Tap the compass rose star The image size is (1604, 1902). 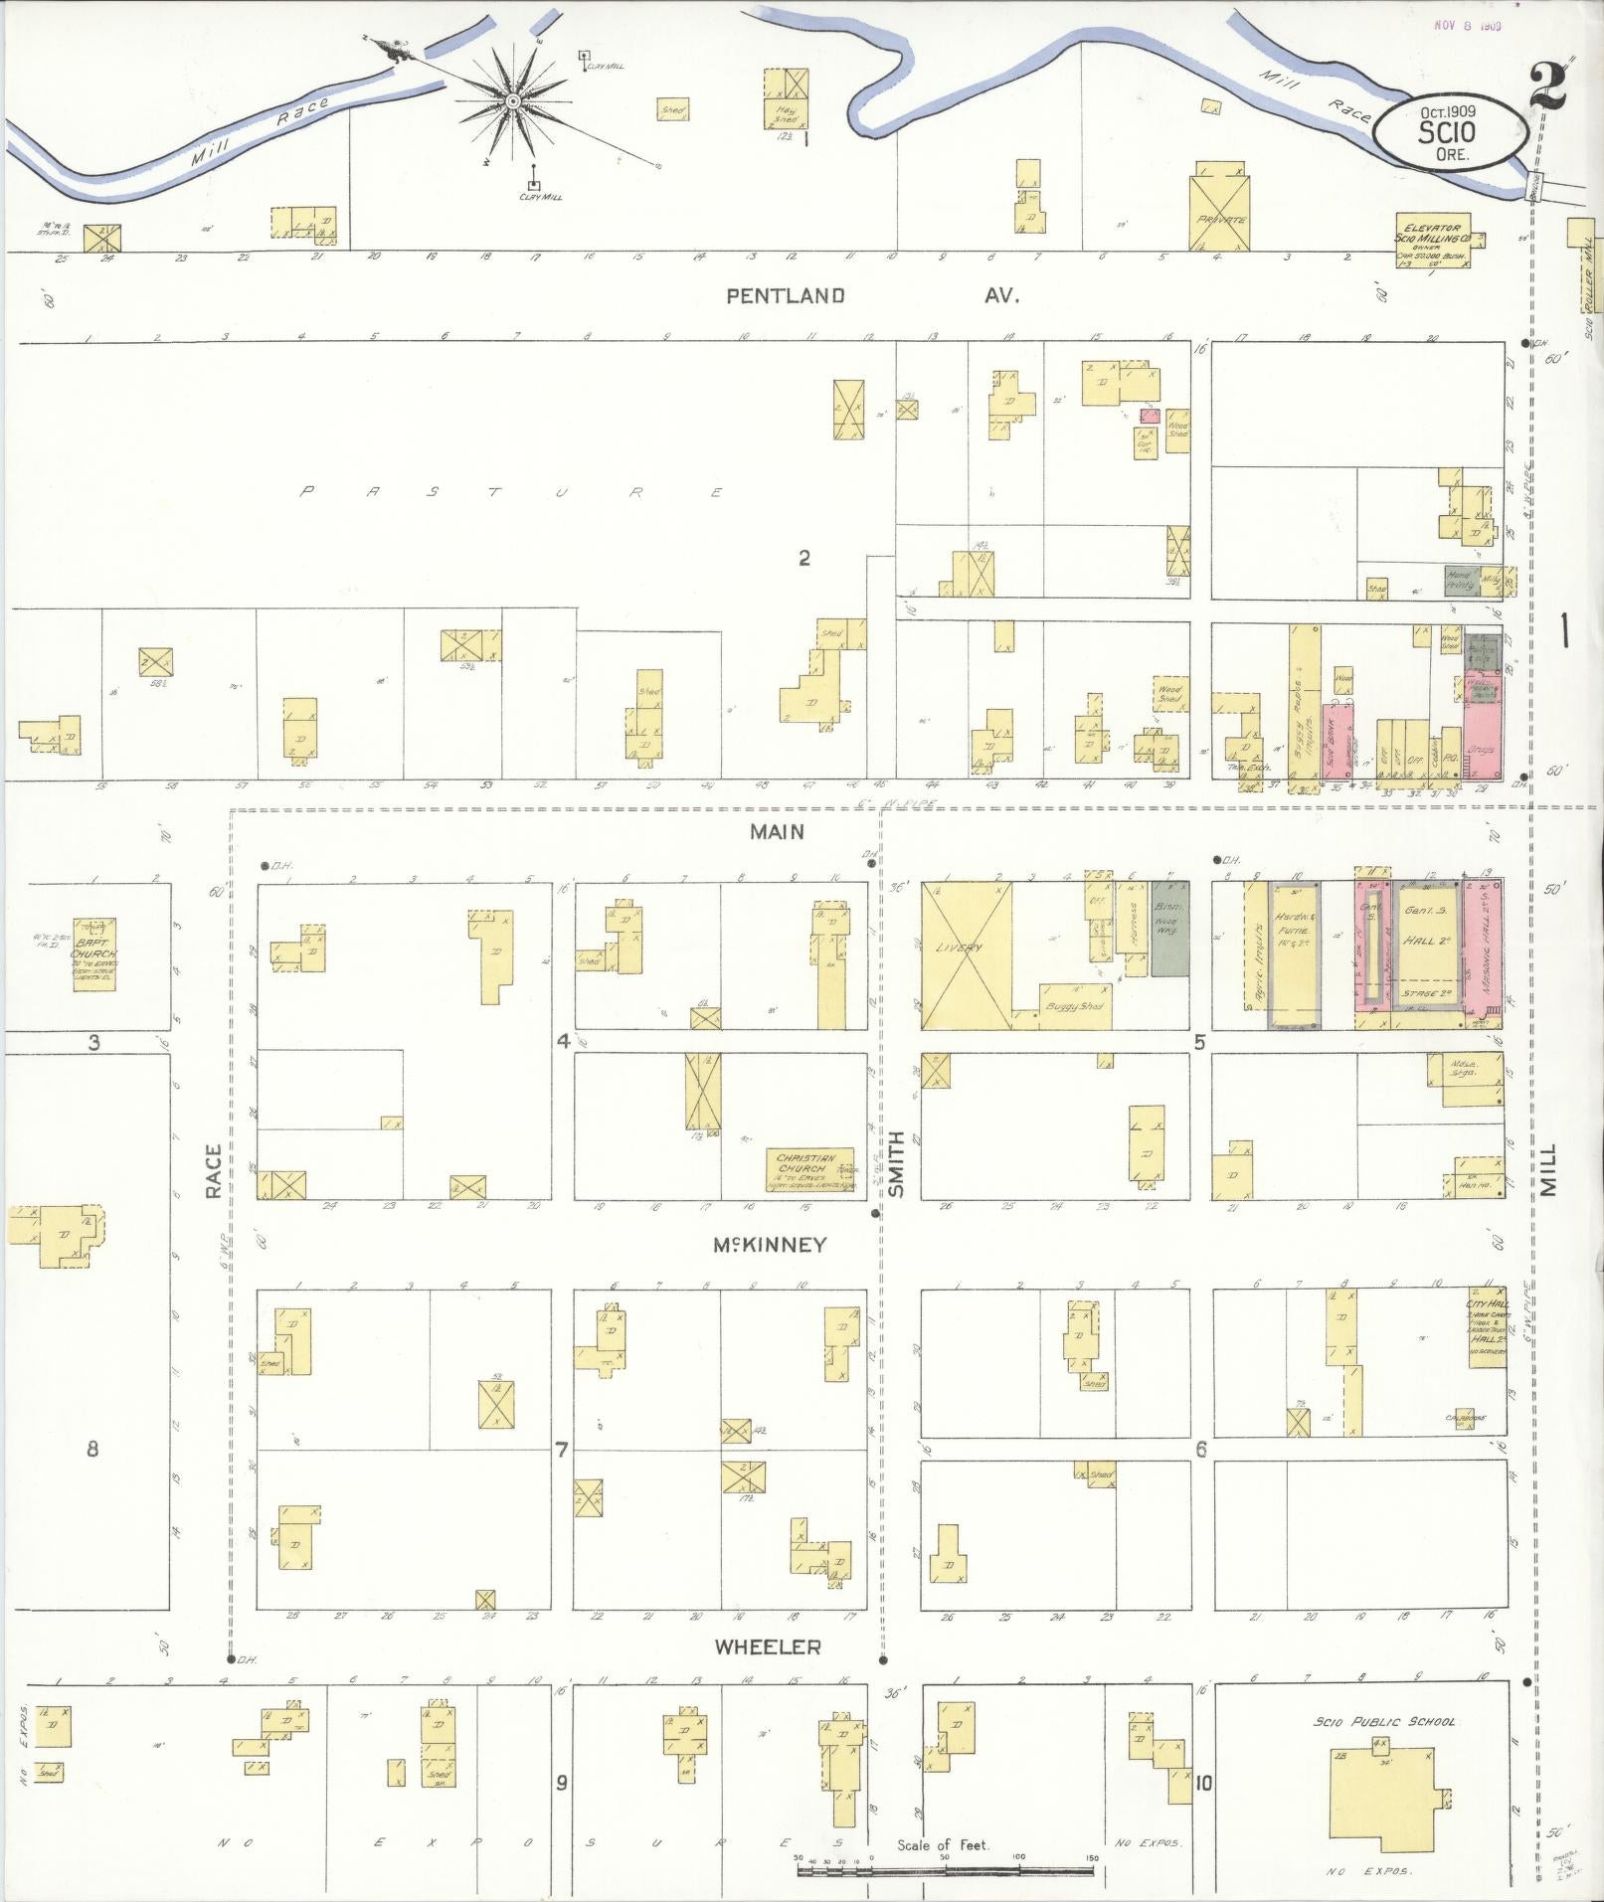point(512,101)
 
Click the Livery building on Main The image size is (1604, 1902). point(966,954)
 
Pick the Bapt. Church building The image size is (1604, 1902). point(93,953)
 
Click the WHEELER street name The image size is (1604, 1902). point(768,1646)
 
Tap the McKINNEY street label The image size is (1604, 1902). point(769,1245)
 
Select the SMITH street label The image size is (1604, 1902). point(897,1163)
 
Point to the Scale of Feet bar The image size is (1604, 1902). point(945,1870)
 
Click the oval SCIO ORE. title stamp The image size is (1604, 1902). point(1452,131)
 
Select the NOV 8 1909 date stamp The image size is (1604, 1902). point(1467,26)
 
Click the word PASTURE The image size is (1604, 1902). point(512,491)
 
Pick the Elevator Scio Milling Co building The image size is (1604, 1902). point(1434,239)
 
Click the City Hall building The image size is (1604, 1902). point(1488,1336)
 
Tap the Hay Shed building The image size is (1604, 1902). point(786,99)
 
